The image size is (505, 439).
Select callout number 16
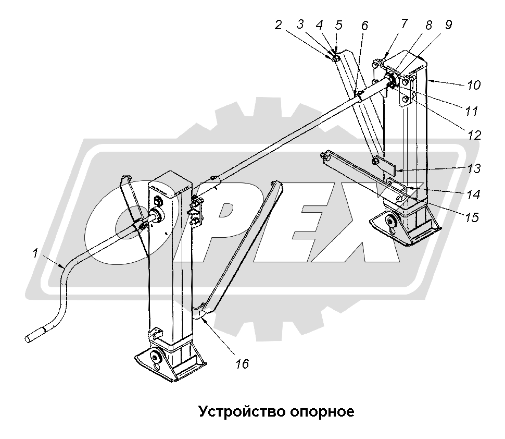[243, 363]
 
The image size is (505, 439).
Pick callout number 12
[474, 135]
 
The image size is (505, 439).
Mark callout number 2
[279, 25]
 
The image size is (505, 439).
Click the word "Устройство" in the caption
[239, 412]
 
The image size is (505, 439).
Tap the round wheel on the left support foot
[155, 357]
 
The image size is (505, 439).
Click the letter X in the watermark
[364, 229]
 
